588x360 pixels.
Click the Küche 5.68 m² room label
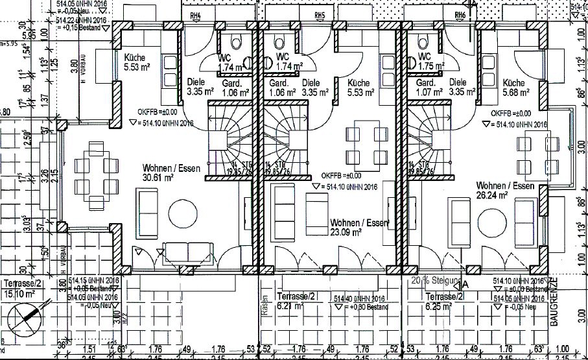pyautogui.click(x=513, y=88)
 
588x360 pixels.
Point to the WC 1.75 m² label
pyautogui.click(x=425, y=62)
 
